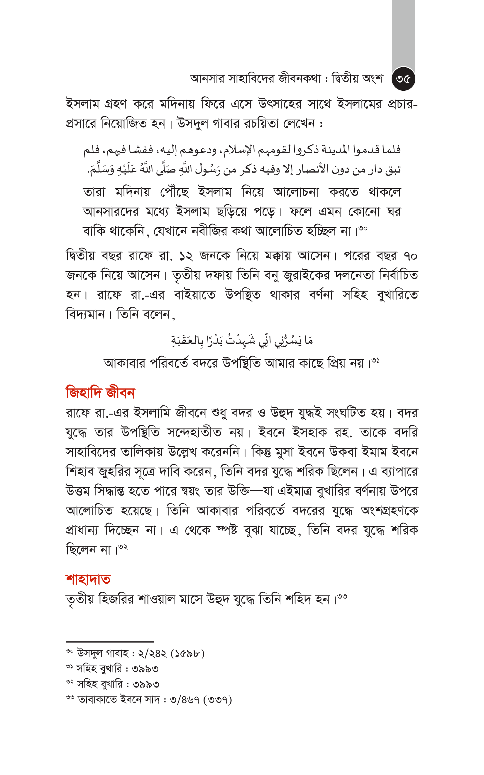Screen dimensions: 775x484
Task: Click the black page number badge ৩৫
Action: pyautogui.click(x=403, y=79)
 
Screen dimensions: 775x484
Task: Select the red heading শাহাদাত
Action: pyautogui.click(x=88, y=579)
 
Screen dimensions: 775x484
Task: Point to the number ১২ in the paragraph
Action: pyautogui.click(x=186, y=256)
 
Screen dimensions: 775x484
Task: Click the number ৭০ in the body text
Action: pyautogui.click(x=410, y=256)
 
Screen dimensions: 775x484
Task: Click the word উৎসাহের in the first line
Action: pyautogui.click(x=280, y=104)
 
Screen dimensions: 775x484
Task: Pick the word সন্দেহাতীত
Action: pyautogui.click(x=194, y=432)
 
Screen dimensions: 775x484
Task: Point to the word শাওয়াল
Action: pyautogui.click(x=157, y=599)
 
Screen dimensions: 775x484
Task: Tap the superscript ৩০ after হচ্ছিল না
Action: pyautogui.click(x=363, y=228)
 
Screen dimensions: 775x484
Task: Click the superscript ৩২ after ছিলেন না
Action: pyautogui.click(x=123, y=547)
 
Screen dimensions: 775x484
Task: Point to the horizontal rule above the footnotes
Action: pyautogui.click(x=110, y=642)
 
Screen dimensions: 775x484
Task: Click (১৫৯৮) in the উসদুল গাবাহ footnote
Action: pyautogui.click(x=187, y=653)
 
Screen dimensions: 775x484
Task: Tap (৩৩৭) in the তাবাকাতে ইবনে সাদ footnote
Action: pyautogui.click(x=220, y=700)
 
